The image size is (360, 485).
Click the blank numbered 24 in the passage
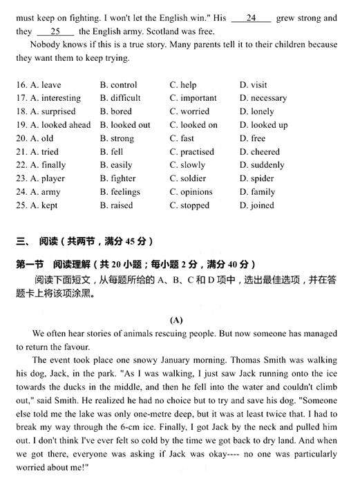pos(251,18)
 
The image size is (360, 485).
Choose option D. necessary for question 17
pos(263,98)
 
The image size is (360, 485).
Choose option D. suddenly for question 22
pos(262,165)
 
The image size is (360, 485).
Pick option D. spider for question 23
pos(256,178)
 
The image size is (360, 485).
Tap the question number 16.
pos(21,85)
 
